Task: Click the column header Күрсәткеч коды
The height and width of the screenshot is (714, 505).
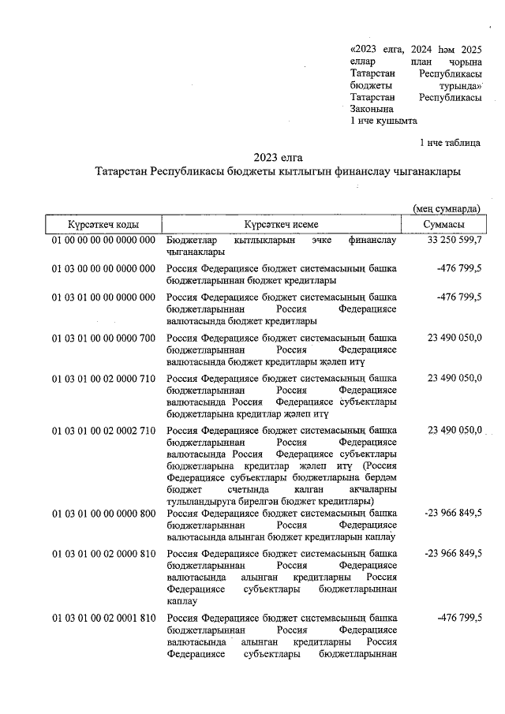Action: point(103,225)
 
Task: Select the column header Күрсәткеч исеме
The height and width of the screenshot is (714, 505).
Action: point(281,225)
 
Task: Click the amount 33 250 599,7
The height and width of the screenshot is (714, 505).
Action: point(454,240)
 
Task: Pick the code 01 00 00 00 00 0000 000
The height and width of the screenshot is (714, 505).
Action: point(103,240)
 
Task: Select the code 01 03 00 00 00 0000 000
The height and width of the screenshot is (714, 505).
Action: point(103,269)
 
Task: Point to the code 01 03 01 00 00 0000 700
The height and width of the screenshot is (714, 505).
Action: point(103,338)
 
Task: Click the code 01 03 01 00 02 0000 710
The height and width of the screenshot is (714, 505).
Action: point(103,379)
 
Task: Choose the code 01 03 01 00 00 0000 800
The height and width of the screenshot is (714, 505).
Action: point(103,514)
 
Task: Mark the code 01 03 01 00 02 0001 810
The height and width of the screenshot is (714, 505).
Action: point(103,618)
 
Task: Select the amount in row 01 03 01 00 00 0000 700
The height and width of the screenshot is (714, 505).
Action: point(454,338)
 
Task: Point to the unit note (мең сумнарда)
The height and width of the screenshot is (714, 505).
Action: point(447,208)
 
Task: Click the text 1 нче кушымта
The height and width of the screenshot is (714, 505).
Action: point(383,121)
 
